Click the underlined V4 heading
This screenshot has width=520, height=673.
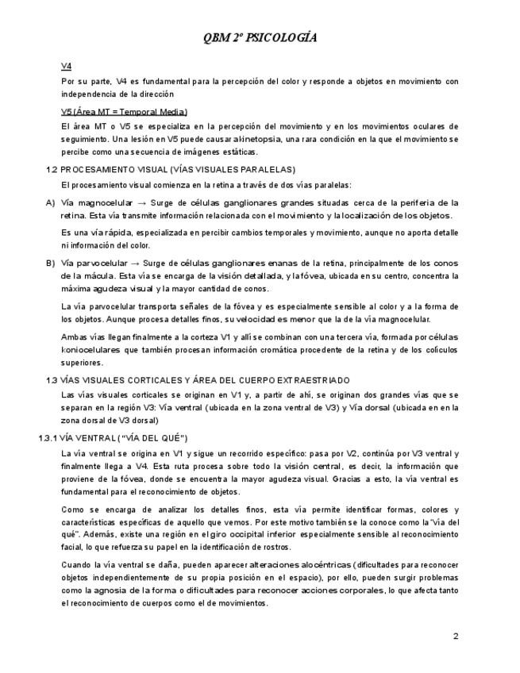click(x=67, y=66)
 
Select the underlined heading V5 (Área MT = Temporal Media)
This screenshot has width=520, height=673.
click(x=124, y=111)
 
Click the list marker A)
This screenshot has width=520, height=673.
click(x=50, y=202)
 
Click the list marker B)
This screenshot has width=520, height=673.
click(x=50, y=263)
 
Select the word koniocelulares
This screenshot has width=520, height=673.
click(x=90, y=349)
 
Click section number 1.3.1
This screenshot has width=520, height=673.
click(x=48, y=437)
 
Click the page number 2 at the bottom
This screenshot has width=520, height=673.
click(x=456, y=636)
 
